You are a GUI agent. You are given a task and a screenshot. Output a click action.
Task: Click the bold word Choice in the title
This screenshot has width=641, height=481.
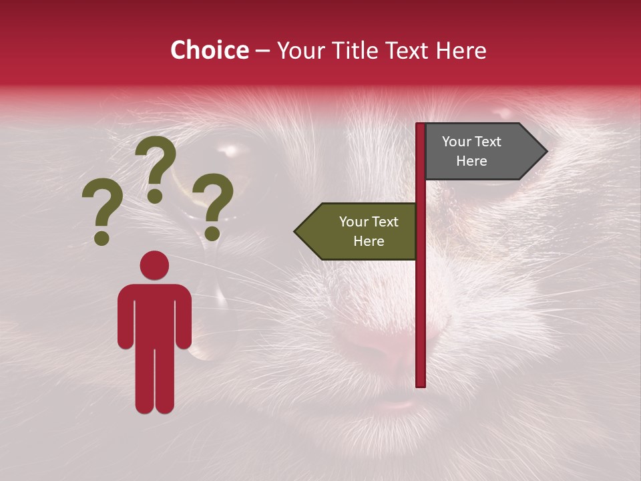pos(209,50)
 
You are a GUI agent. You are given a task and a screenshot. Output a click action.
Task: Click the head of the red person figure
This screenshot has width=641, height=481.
pos(154,265)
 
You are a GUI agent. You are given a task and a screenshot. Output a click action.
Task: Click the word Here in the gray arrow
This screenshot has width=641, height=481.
pos(471,161)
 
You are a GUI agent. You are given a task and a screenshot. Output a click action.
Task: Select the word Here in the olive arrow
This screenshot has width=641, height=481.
pos(369,241)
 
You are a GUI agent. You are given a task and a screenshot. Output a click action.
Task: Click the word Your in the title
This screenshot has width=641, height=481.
pos(300,50)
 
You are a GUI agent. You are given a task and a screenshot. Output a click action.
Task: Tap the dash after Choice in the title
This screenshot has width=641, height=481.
pos(262,51)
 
